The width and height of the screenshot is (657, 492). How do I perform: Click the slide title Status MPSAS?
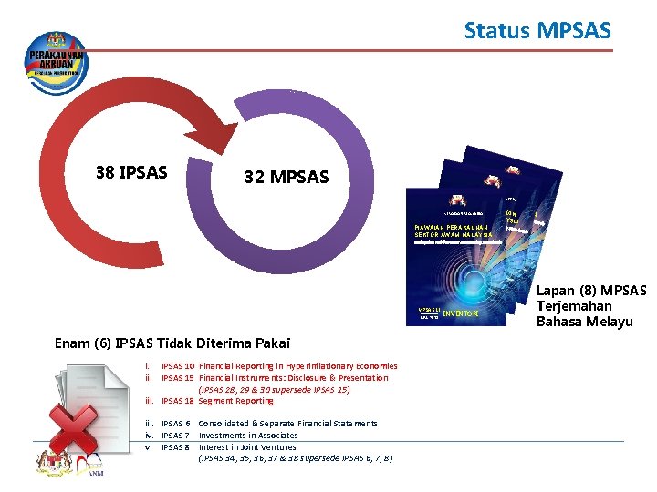click(537, 31)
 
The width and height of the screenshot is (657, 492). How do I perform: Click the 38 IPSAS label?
click(131, 170)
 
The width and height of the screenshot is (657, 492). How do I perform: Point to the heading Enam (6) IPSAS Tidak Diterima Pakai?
click(172, 343)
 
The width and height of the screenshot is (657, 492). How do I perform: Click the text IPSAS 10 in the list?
click(177, 366)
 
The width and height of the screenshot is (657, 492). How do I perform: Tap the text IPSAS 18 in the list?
click(177, 401)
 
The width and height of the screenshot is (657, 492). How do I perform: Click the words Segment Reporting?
click(235, 401)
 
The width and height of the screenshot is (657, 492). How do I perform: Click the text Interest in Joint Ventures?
click(247, 447)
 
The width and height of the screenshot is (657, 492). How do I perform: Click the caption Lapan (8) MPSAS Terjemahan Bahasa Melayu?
click(590, 306)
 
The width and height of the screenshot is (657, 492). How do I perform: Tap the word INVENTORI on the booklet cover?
click(460, 315)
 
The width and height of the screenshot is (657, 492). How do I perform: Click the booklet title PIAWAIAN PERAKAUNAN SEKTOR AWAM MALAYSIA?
click(451, 231)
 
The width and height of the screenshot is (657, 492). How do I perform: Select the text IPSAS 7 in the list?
click(175, 436)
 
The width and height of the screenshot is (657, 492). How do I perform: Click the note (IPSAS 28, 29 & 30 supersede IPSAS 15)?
click(274, 389)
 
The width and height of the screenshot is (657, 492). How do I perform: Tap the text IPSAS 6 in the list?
click(175, 424)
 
